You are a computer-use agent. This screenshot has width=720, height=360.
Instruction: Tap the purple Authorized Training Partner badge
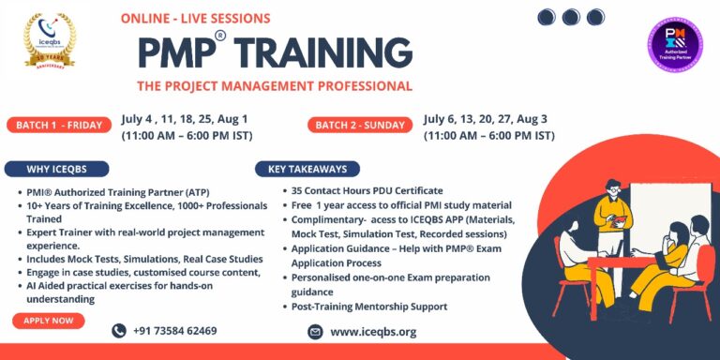675,44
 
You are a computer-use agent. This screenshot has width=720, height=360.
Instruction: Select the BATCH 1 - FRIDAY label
59,126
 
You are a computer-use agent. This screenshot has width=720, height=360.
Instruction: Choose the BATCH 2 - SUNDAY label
360,126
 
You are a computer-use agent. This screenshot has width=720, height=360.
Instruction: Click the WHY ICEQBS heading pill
55,170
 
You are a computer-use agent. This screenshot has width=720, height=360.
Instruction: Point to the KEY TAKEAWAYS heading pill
307,170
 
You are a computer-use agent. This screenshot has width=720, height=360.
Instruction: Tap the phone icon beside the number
119,331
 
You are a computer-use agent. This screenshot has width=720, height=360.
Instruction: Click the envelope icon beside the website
315,332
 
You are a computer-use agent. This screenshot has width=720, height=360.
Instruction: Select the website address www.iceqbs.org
373,332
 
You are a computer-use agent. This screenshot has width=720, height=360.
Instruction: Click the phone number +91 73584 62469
176,331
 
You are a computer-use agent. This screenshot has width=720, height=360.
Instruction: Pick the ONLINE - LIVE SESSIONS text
195,18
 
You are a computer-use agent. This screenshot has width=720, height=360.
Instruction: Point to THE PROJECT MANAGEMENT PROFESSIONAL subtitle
274,86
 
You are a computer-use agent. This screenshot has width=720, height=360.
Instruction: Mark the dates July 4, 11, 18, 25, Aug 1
184,119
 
